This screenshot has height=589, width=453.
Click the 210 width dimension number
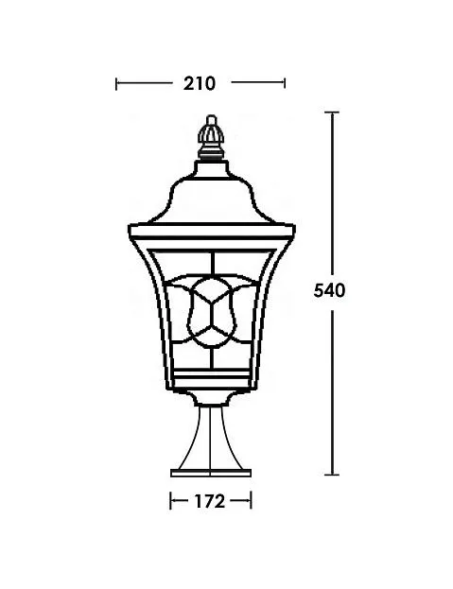click(x=200, y=83)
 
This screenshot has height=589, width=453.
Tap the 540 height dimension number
click(x=329, y=291)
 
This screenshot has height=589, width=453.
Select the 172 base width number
click(x=210, y=501)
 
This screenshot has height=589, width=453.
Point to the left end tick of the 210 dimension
click(x=116, y=84)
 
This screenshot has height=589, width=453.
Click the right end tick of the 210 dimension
click(x=285, y=83)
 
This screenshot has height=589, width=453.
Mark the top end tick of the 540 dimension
click(x=332, y=113)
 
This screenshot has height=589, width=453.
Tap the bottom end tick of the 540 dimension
click(x=332, y=475)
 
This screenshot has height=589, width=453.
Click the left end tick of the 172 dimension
click(x=171, y=501)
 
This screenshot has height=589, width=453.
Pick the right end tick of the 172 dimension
click(x=251, y=501)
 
